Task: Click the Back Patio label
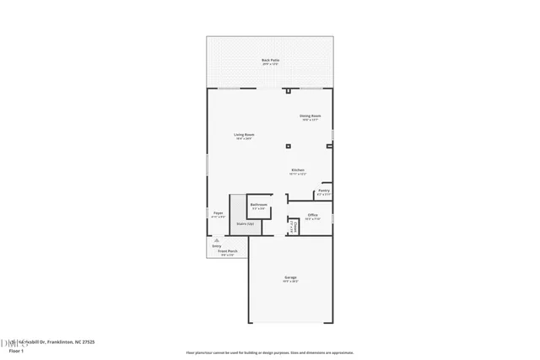(x=270, y=61)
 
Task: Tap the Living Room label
(x=245, y=134)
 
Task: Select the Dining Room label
(x=310, y=116)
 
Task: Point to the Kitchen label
(x=298, y=169)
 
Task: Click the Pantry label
(x=324, y=191)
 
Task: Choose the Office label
(x=312, y=215)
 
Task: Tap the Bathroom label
(x=259, y=205)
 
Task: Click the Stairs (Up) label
(x=245, y=223)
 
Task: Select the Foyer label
(x=218, y=213)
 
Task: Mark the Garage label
(x=290, y=277)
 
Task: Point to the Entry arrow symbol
(x=217, y=240)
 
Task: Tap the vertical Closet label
(x=293, y=227)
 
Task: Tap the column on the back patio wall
(x=289, y=89)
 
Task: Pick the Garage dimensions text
(x=290, y=281)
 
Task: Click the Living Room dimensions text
(x=245, y=138)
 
